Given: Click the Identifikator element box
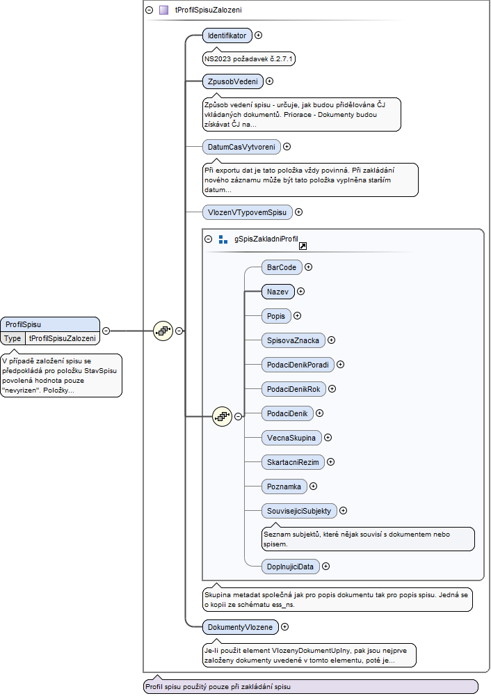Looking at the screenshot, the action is [x=227, y=35].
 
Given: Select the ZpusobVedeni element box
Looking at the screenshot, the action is [x=233, y=81].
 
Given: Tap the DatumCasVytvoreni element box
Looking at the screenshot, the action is [x=241, y=147].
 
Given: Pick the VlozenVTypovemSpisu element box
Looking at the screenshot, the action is [x=247, y=212].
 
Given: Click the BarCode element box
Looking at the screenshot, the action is [x=282, y=267].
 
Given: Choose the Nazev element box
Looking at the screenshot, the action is [x=277, y=292].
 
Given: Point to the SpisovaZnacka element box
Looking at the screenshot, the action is [x=293, y=340].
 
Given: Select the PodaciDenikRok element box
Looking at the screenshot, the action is [x=293, y=389].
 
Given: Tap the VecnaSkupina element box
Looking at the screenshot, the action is [x=291, y=438].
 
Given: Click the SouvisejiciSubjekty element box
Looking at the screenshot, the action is [x=299, y=511].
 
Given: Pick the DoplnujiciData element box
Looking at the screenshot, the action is [x=290, y=567].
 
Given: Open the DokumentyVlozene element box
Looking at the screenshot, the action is [x=241, y=627].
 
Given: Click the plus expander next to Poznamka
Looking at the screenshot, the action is [x=313, y=487].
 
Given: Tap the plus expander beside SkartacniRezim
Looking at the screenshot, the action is [x=331, y=462].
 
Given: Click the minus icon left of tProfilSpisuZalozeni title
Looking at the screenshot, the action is [x=150, y=10].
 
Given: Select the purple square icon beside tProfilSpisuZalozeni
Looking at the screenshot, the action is [x=163, y=10].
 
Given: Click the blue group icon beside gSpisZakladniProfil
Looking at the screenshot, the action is [x=223, y=239].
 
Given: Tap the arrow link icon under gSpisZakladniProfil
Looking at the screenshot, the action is [x=303, y=246].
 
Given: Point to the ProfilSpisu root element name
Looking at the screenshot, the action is [x=23, y=324].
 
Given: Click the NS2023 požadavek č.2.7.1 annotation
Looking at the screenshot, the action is [x=248, y=58].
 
